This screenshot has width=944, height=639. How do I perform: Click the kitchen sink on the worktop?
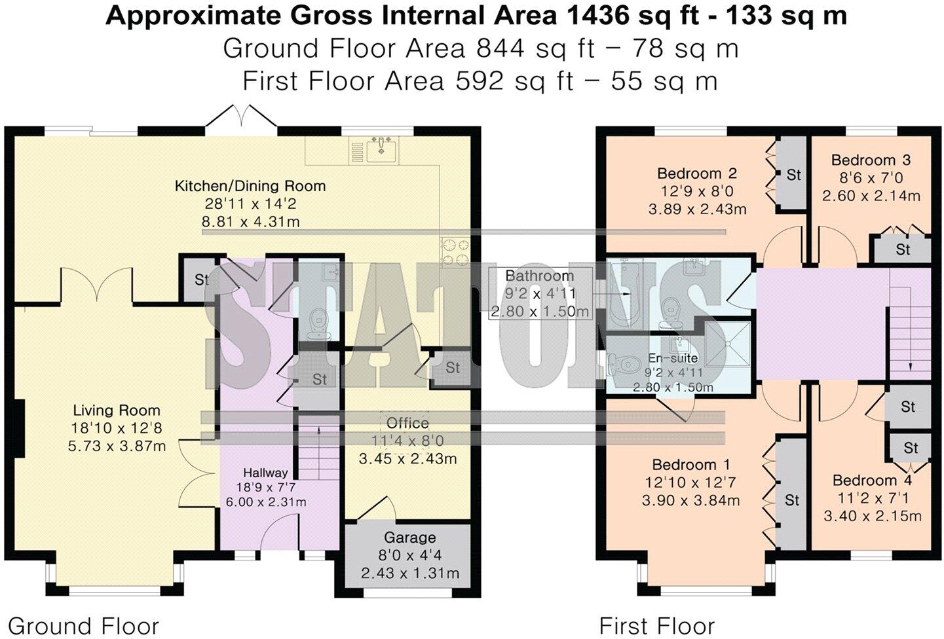379,150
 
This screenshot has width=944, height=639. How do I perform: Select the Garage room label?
410,538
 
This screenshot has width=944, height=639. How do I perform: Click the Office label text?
407,423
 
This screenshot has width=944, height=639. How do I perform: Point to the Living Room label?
117,411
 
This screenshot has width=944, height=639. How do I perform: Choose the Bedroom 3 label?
871,160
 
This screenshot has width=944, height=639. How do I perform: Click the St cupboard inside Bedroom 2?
793,175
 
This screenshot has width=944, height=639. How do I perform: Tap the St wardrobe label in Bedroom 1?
792,500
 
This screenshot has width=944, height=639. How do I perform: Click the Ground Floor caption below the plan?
84,626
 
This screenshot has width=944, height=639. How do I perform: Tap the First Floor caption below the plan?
656,626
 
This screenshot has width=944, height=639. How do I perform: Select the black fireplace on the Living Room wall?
20,429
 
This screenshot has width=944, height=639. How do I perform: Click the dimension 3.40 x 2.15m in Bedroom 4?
872,516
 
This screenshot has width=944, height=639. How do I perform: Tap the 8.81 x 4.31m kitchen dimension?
250,222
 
